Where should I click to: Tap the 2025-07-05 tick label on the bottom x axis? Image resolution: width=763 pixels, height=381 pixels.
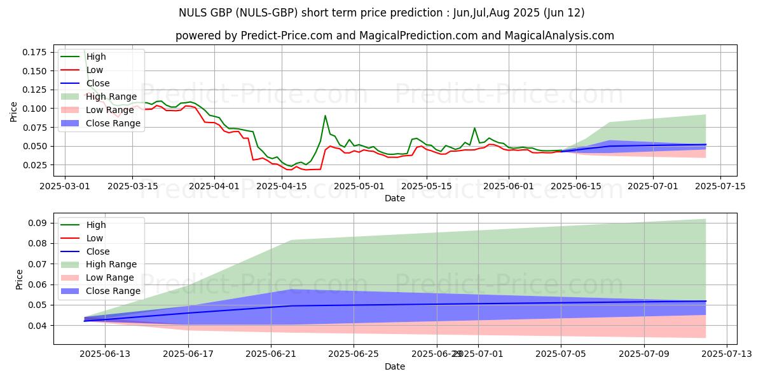[561, 355]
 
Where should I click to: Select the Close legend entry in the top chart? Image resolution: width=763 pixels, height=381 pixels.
[98, 83]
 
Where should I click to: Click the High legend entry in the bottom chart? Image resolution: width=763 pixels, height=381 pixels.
[96, 225]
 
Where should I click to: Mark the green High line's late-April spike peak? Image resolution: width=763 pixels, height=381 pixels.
[325, 116]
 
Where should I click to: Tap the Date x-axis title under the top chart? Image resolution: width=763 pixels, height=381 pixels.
[394, 198]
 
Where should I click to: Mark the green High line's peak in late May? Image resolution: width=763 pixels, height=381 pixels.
[474, 128]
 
